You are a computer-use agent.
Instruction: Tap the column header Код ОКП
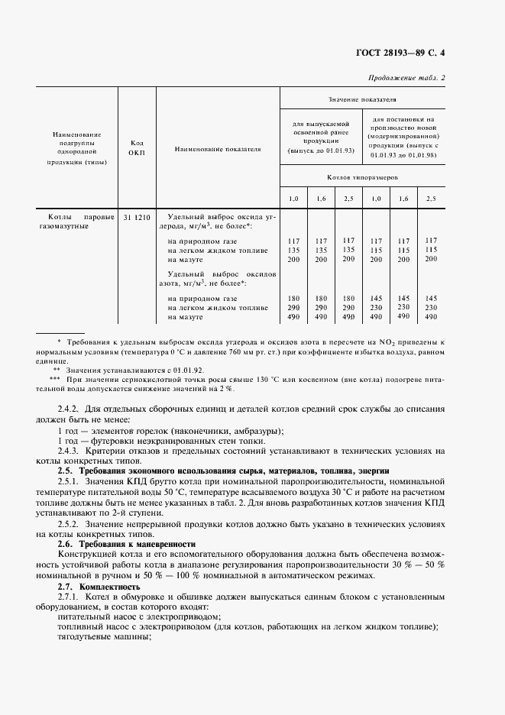click(137, 147)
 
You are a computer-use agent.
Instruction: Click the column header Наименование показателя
click(218, 149)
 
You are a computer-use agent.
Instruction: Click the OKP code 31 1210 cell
click(137, 217)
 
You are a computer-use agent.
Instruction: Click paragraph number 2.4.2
click(70, 408)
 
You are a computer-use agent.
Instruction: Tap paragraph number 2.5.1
click(70, 481)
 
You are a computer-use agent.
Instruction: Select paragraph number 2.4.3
click(70, 451)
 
